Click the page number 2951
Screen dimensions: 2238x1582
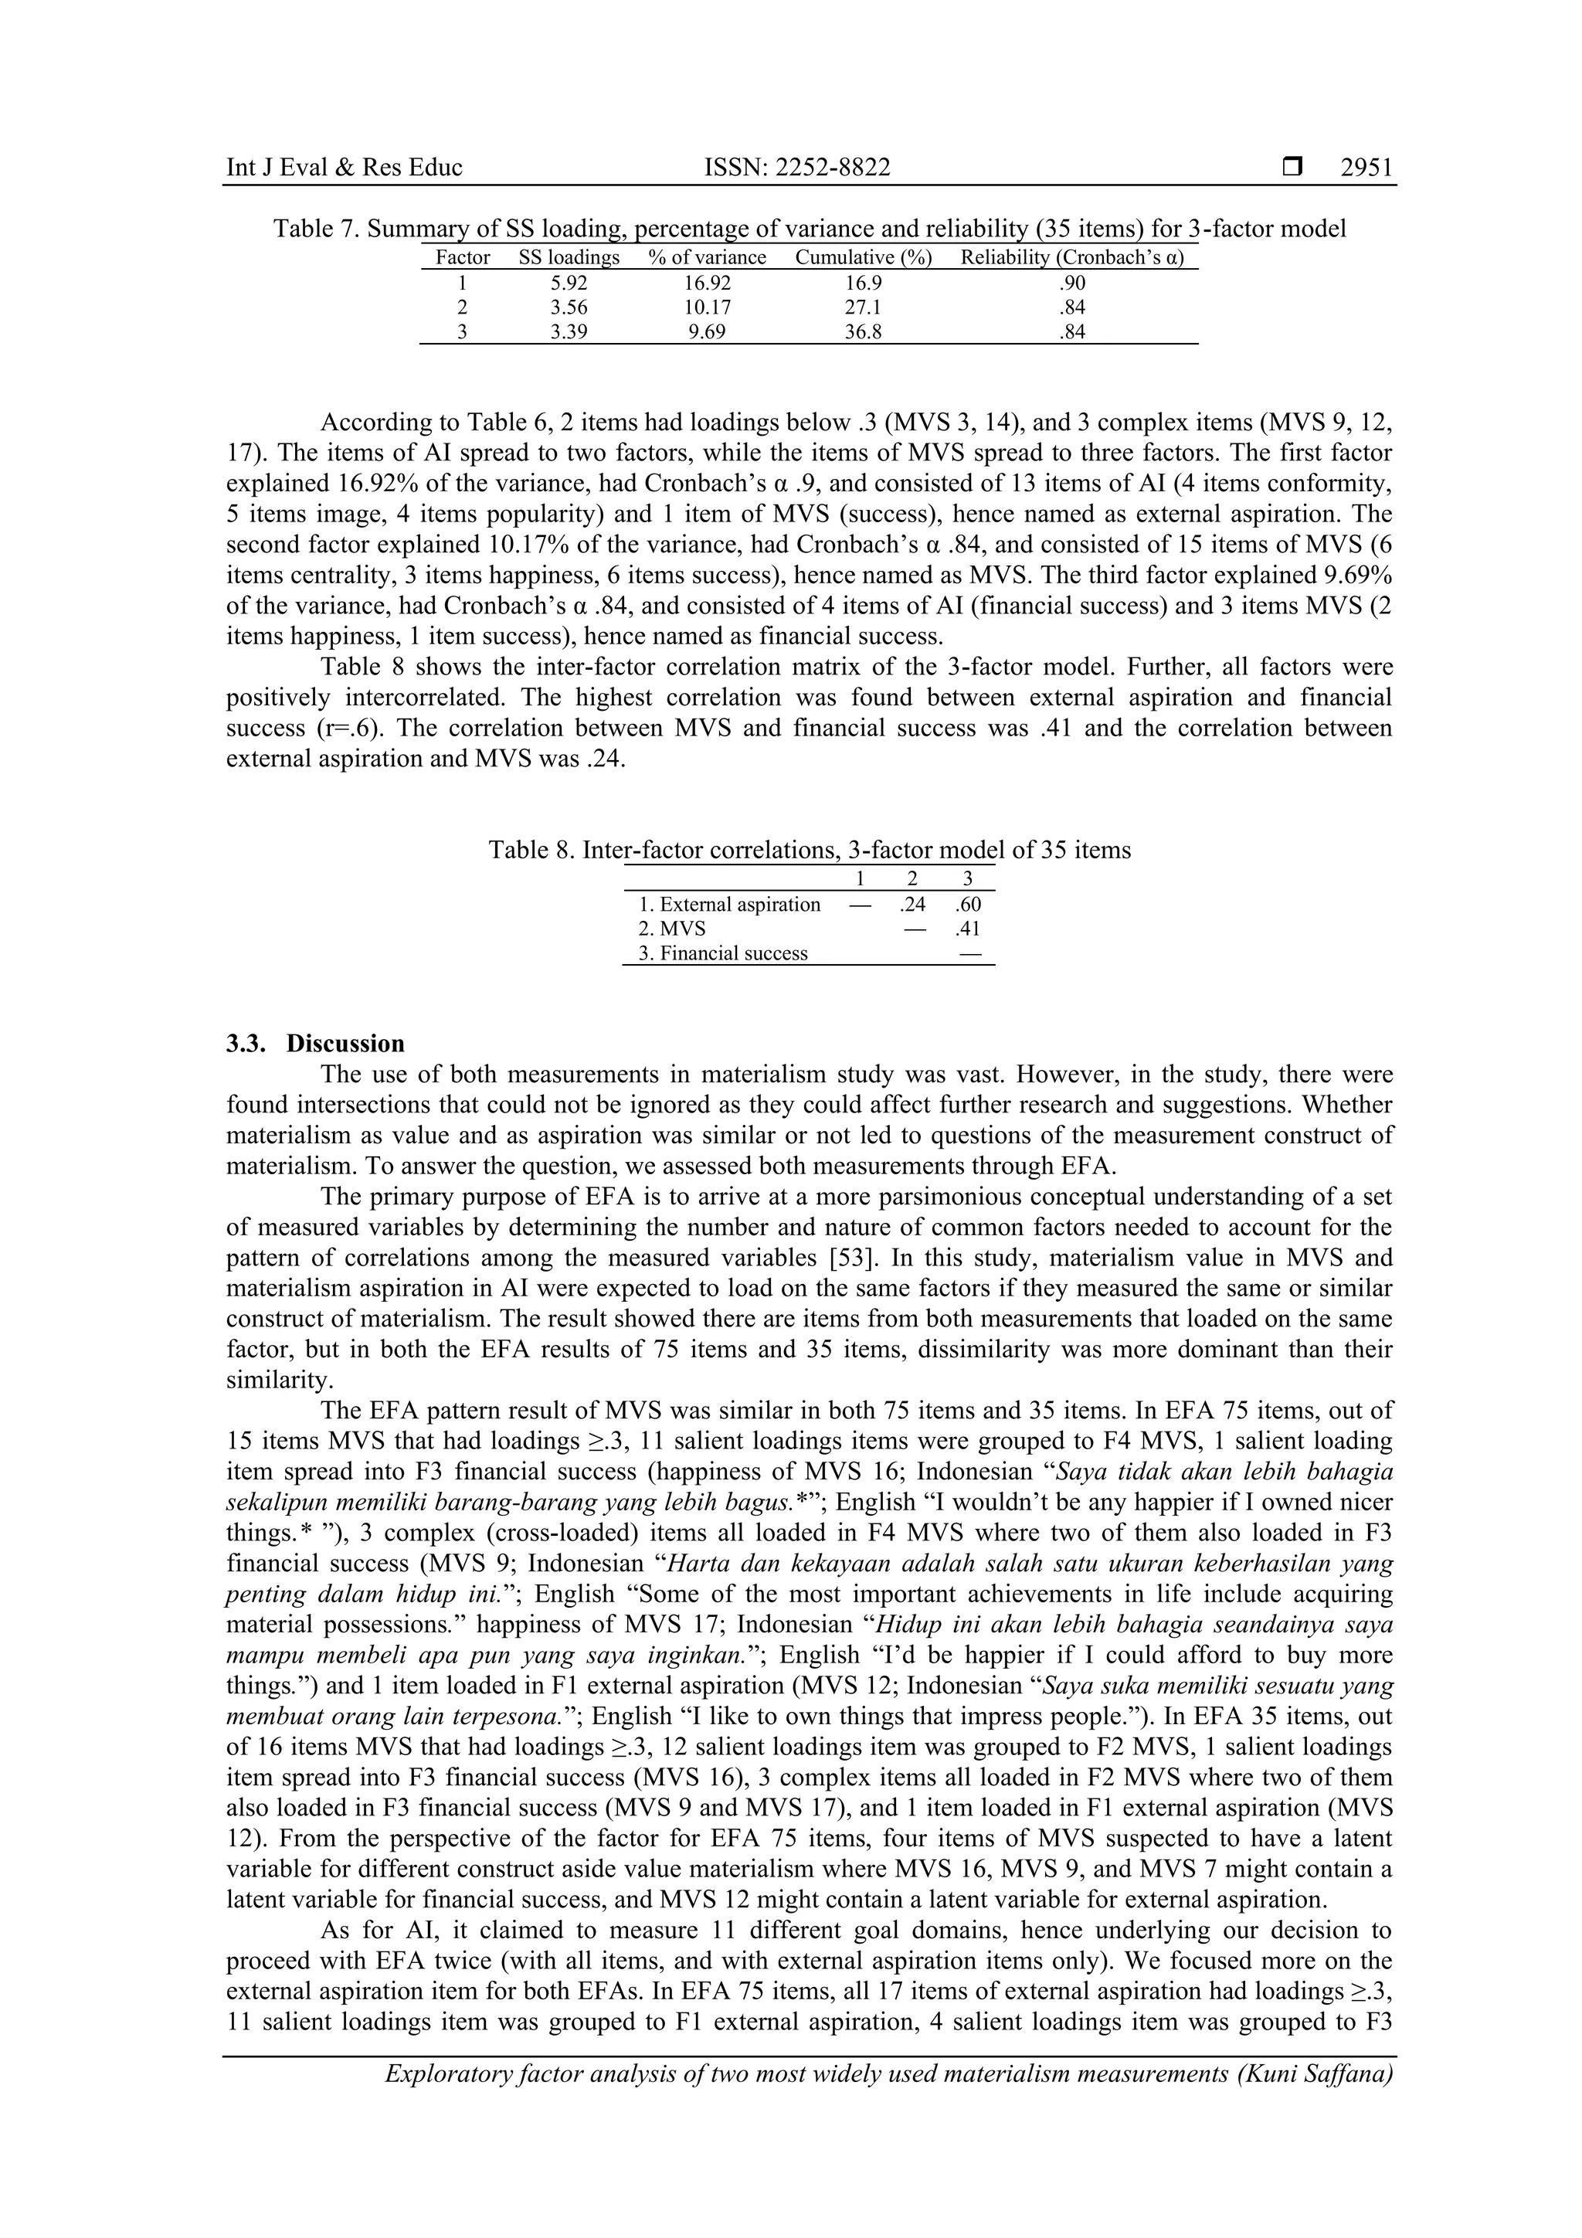coord(1366,168)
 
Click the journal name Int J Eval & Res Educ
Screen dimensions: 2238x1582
coord(344,168)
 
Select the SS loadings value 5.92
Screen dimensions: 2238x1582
coord(569,284)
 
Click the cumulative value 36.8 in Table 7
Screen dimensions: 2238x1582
coord(863,332)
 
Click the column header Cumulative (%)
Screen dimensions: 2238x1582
coord(864,258)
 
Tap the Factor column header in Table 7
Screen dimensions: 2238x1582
coord(462,258)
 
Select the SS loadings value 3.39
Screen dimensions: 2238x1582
coord(569,332)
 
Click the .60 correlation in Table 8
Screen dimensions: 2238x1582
coord(968,905)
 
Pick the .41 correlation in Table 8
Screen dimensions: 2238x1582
coord(968,929)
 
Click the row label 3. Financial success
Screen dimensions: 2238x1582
coord(722,953)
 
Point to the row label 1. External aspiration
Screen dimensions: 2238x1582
coord(729,905)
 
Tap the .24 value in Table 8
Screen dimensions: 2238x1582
coord(912,905)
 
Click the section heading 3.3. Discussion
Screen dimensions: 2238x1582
coord(315,1044)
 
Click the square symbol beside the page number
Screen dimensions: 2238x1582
coord(1292,168)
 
